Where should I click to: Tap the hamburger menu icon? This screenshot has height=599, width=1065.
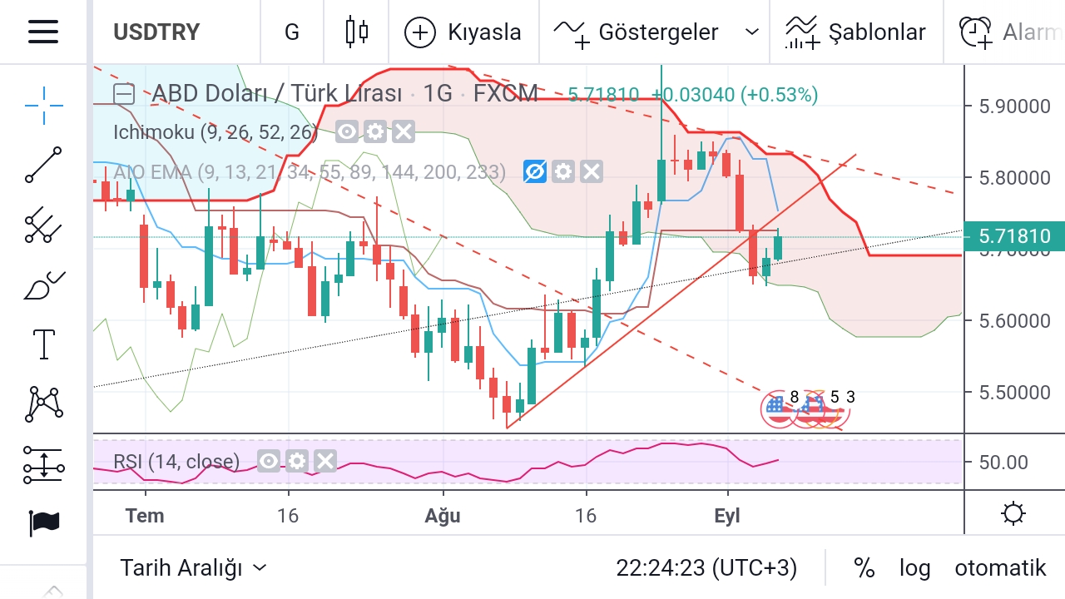(x=43, y=32)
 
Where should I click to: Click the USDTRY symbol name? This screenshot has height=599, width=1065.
(x=156, y=32)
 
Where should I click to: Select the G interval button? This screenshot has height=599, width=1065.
(x=291, y=32)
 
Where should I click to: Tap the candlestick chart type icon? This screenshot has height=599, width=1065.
(x=357, y=32)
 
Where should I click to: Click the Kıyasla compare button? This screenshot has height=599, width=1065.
(x=463, y=32)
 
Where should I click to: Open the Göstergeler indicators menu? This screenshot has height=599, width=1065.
(x=656, y=32)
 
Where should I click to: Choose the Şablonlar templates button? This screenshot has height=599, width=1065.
(x=855, y=32)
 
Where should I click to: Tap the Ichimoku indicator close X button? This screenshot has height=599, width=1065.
(x=403, y=131)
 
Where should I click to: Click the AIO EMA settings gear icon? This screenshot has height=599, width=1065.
(x=563, y=172)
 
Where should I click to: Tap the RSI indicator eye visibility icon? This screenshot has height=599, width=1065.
(x=268, y=461)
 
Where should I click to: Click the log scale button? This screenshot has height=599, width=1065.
(x=914, y=568)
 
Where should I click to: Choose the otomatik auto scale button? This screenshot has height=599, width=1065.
(x=999, y=568)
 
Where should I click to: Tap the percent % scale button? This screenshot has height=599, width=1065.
(x=864, y=568)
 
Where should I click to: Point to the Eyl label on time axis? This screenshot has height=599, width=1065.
(x=727, y=516)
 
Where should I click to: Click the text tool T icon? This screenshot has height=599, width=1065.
(x=43, y=344)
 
